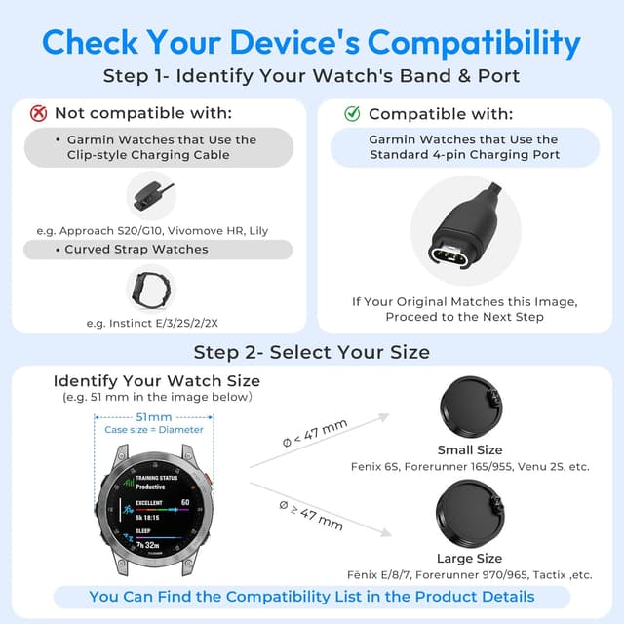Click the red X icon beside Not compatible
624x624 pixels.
coord(39,114)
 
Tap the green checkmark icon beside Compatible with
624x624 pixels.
coord(352,114)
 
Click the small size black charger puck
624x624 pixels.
coord(469,408)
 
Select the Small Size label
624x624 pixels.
coord(470,449)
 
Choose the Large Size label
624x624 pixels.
coord(470,558)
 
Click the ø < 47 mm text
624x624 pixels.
coord(314,435)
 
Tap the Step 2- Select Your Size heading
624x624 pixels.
coord(311,351)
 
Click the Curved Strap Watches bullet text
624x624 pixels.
coord(136,249)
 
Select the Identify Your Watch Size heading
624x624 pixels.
coord(157,380)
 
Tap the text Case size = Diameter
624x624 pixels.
coord(155,429)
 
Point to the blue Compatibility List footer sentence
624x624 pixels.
coord(312,596)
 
